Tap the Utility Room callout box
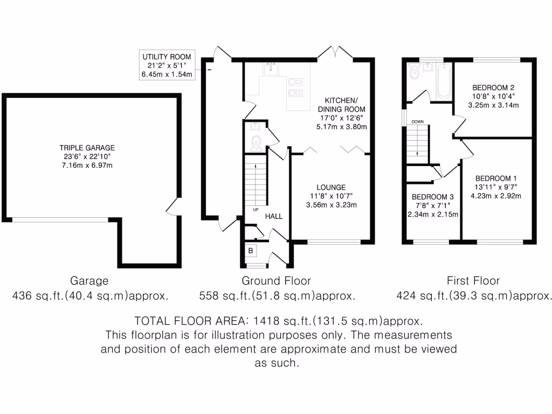167,65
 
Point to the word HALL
273,216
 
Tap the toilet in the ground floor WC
257,142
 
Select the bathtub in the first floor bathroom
444,81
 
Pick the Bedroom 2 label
493,88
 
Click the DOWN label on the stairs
418,122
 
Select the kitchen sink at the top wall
271,69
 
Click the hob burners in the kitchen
295,87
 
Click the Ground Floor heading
276,280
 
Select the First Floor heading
473,280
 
